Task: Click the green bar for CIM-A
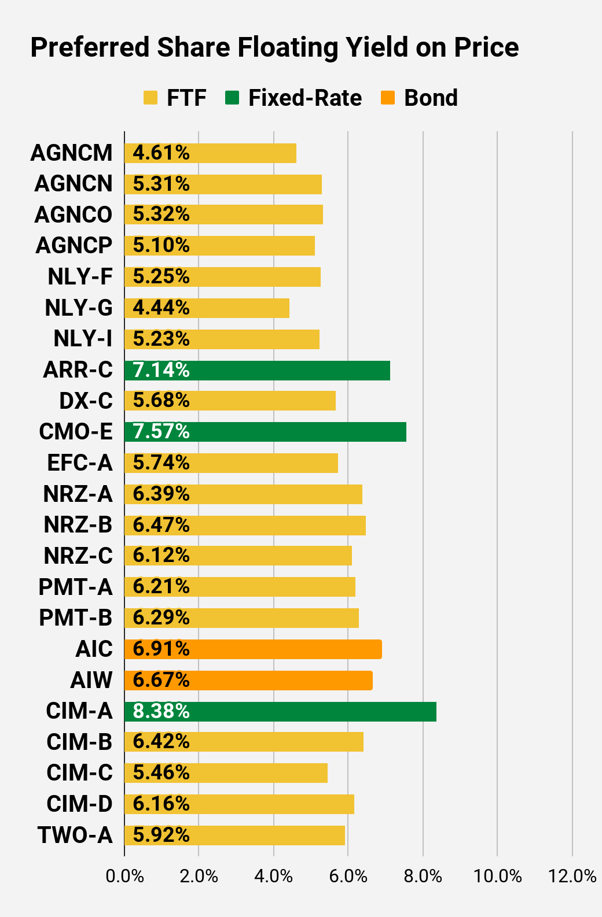(280, 712)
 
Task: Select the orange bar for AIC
(254, 649)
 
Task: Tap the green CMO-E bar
(266, 432)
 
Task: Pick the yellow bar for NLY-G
(207, 308)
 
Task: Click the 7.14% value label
(161, 370)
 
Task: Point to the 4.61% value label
(161, 153)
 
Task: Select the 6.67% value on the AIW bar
(161, 681)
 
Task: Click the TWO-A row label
(75, 835)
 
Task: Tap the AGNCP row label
(74, 246)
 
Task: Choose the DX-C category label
(86, 401)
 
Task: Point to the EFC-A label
(80, 463)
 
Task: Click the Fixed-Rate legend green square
(232, 98)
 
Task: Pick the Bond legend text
(431, 98)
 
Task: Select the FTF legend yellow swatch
(150, 98)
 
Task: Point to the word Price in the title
(486, 47)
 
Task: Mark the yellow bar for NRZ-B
(245, 525)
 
